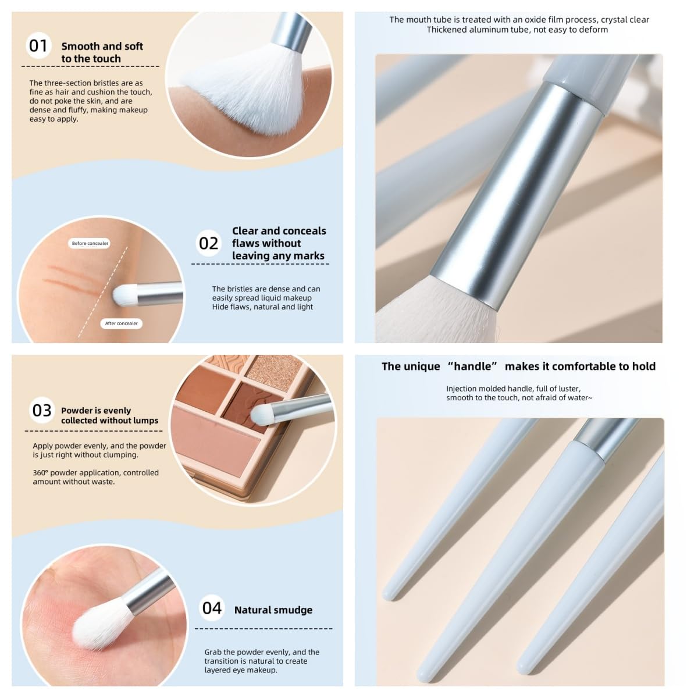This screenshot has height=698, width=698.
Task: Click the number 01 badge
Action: click(x=38, y=46)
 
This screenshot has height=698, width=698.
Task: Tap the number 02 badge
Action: click(x=209, y=243)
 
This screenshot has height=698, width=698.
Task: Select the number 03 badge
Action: click(x=42, y=411)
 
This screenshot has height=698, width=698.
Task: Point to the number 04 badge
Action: click(x=212, y=608)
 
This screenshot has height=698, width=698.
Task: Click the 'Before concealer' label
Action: click(x=90, y=243)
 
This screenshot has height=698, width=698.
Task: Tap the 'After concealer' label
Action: click(x=122, y=323)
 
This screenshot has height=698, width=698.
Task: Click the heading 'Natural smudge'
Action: click(x=273, y=610)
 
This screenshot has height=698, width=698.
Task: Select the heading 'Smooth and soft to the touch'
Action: click(x=102, y=52)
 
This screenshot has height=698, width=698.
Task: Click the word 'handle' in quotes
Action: click(x=472, y=366)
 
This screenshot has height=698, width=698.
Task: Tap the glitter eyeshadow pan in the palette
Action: click(x=276, y=369)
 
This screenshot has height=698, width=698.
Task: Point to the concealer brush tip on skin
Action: click(x=124, y=294)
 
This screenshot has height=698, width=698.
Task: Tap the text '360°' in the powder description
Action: click(x=41, y=473)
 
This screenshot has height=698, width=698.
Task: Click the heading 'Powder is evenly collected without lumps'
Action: click(x=110, y=415)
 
